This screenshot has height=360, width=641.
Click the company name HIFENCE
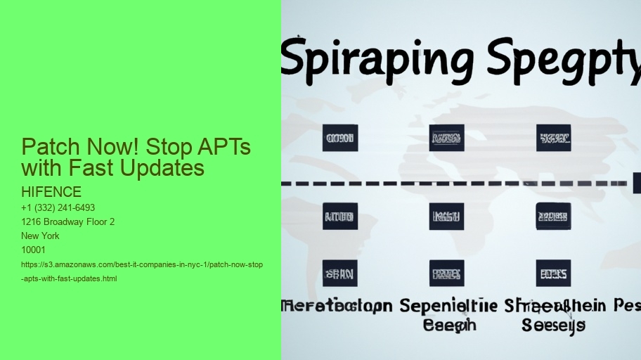click(x=51, y=192)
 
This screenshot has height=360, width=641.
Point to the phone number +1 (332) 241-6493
click(x=58, y=208)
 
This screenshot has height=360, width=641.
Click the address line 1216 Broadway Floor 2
click(x=68, y=222)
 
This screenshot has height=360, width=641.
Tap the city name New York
click(x=41, y=236)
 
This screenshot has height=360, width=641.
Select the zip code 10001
click(x=34, y=250)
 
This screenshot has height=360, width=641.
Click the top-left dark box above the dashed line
click(x=340, y=139)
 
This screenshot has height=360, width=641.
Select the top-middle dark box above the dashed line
click(x=446, y=139)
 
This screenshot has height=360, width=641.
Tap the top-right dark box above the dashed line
click(x=553, y=139)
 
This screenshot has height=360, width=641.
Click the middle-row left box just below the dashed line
click(x=340, y=217)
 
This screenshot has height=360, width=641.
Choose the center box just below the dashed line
click(x=446, y=217)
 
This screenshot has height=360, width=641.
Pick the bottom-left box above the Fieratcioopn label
click(x=340, y=273)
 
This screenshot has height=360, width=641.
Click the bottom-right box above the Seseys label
click(x=553, y=273)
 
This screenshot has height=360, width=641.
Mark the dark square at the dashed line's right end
click(x=637, y=183)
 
